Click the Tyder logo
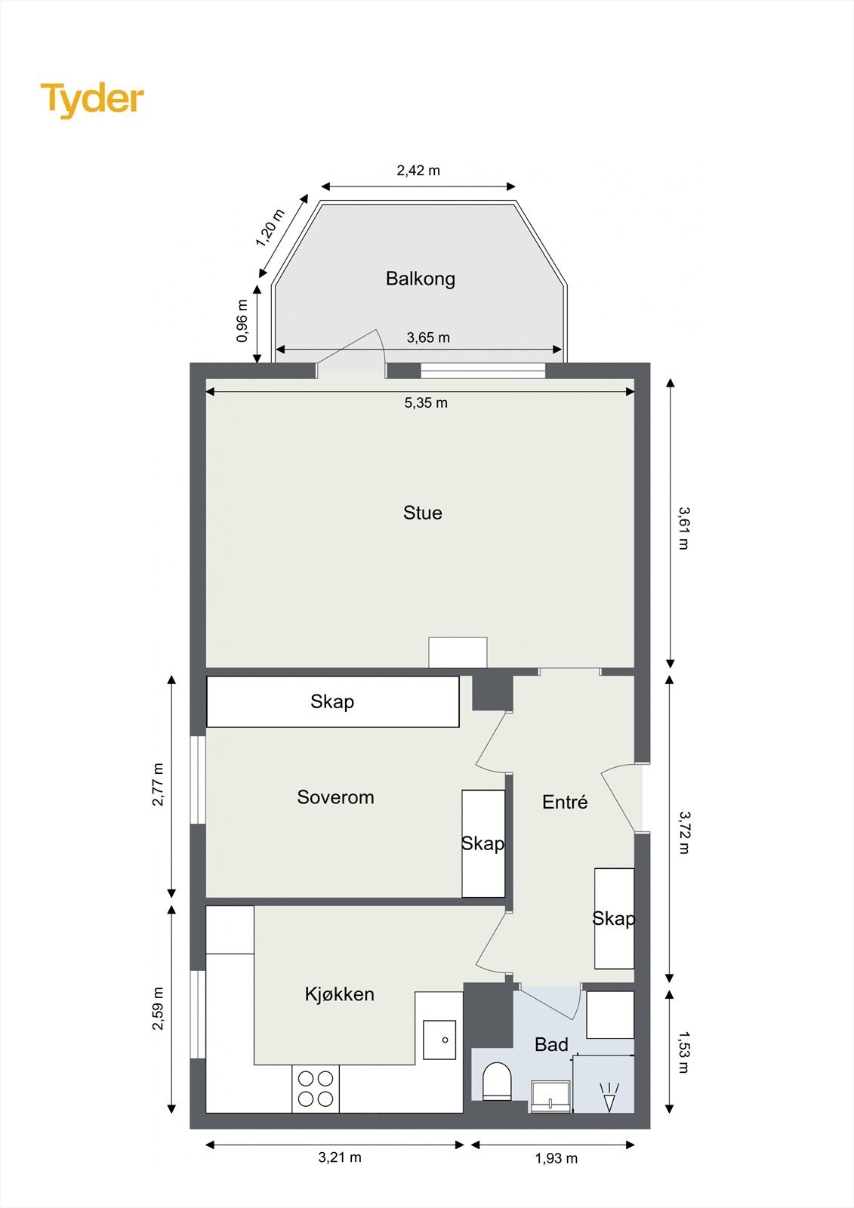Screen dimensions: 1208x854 [x=92, y=100]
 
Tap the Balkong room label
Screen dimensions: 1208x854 [x=421, y=279]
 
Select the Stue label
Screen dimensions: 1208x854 [x=423, y=513]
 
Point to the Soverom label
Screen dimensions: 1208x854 [x=335, y=797]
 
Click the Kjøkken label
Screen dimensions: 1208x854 [x=339, y=994]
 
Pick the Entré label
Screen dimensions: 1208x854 [x=565, y=802]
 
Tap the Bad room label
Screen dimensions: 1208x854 [x=551, y=1045]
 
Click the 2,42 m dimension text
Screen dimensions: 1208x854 [x=418, y=171]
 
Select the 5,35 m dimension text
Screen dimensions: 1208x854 [x=426, y=403]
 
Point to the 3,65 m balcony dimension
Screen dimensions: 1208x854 [x=428, y=337]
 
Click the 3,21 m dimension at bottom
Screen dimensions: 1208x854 [x=340, y=1157]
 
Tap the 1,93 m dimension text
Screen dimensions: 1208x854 [x=556, y=1158]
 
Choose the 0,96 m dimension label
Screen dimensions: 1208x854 [x=242, y=321]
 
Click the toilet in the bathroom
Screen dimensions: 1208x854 [x=497, y=1080]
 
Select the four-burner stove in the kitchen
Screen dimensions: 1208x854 [x=316, y=1089]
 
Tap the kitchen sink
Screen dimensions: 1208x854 [x=439, y=1040]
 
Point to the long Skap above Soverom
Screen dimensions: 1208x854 [x=332, y=701]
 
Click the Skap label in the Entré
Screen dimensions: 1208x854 [x=613, y=918]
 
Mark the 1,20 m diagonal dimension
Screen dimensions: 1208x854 [x=270, y=228]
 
